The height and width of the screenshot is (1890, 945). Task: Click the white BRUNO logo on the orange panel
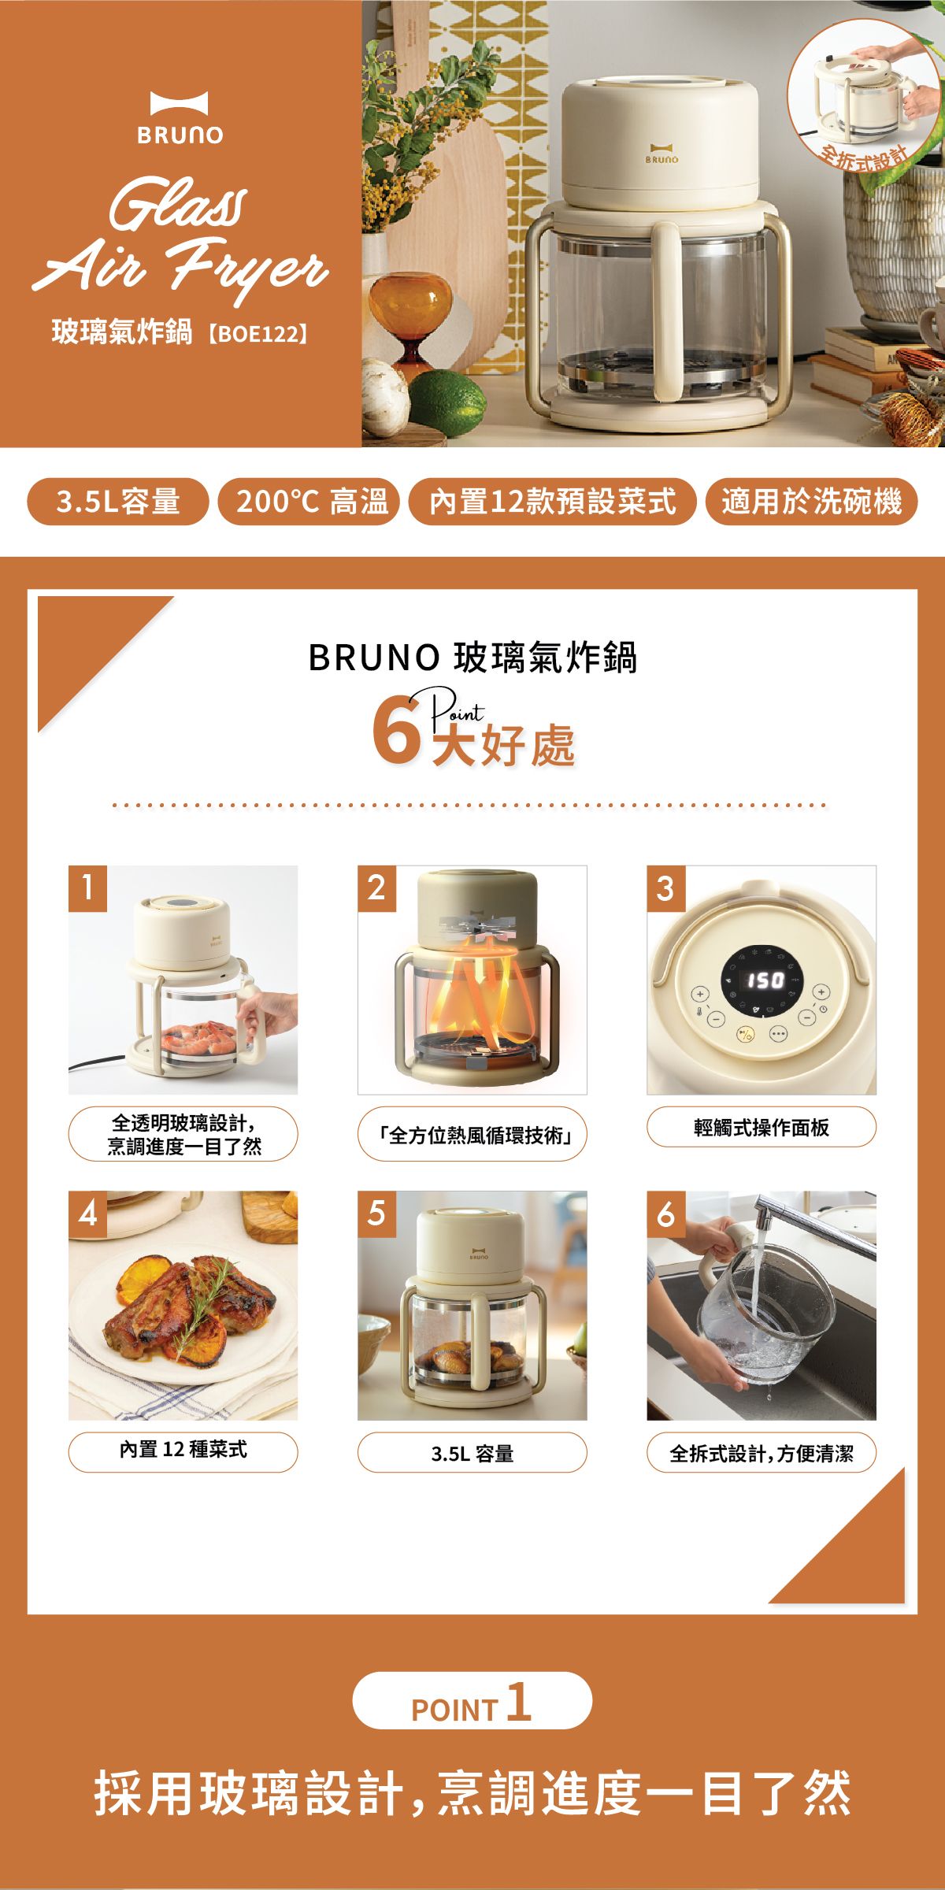pos(180,118)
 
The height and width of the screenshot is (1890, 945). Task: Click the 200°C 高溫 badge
pos(309,501)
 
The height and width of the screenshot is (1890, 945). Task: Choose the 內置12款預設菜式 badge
pos(552,501)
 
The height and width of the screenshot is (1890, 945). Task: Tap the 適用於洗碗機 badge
pos(810,501)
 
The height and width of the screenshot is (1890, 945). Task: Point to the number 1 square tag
pos(87,888)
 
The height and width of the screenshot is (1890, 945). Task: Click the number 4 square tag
pos(87,1214)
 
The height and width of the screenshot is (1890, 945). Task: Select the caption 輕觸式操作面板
pos(761,1127)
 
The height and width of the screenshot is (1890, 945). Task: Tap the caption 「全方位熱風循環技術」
pos(472,1134)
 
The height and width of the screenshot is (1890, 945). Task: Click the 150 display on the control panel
pos(765,980)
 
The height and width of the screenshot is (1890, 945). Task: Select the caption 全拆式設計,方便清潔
pos(761,1453)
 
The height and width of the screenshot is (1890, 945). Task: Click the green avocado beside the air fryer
pos(447,402)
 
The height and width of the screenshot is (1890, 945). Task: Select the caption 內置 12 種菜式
pos(183,1449)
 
